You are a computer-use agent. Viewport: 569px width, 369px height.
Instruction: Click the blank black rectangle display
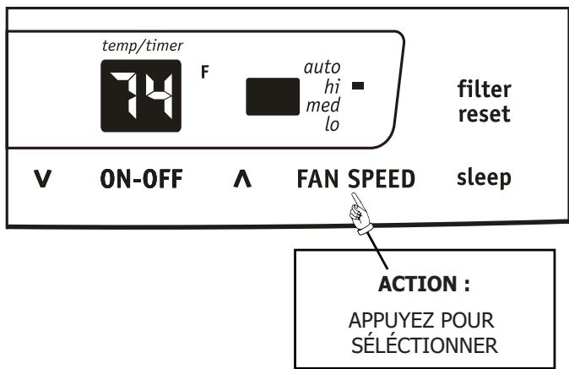click(273, 95)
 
